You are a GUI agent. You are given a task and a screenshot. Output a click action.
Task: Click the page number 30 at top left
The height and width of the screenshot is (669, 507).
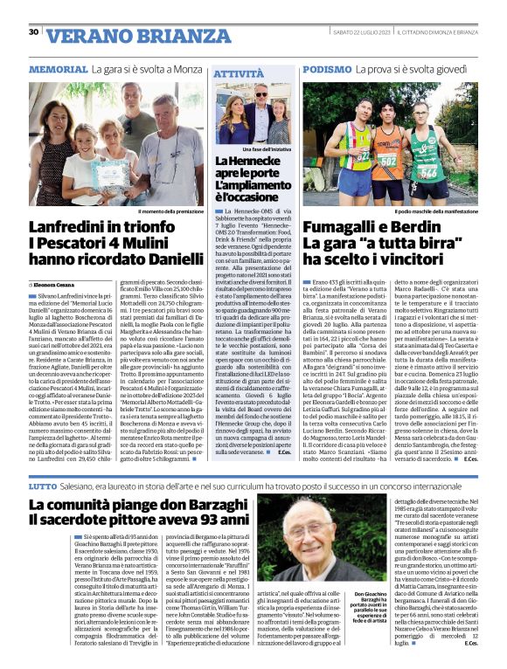click(33, 32)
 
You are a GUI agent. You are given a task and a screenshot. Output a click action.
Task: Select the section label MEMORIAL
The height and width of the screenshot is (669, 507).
click(58, 68)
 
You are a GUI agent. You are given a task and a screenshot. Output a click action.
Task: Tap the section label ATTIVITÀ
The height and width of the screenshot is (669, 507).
click(237, 76)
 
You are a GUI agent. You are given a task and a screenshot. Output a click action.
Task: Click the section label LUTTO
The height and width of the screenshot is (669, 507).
click(43, 485)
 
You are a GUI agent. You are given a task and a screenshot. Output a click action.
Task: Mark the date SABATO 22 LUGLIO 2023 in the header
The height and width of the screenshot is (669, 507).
click(359, 32)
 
